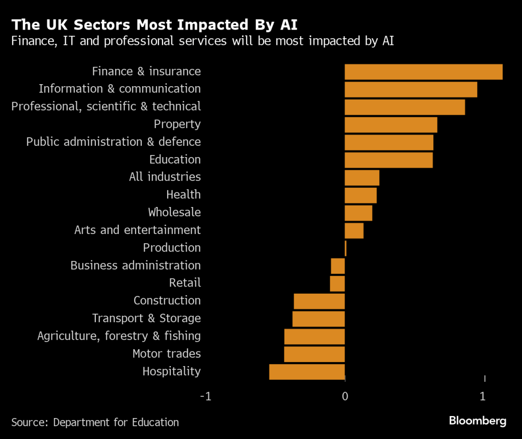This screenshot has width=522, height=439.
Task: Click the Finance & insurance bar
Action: click(x=424, y=72)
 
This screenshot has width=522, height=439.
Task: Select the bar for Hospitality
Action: click(x=307, y=372)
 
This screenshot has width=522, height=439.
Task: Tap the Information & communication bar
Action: click(x=411, y=89)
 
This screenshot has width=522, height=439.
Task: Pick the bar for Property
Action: click(x=391, y=124)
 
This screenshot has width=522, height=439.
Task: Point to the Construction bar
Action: click(x=319, y=301)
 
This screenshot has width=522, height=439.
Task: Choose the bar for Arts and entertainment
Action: click(x=354, y=230)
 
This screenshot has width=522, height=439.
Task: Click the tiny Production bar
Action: click(x=346, y=248)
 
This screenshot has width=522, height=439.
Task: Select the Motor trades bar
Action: click(x=315, y=354)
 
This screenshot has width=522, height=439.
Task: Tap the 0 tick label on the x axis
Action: click(x=345, y=396)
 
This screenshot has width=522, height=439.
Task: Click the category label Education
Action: click(x=175, y=160)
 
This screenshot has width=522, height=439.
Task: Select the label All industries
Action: click(x=165, y=177)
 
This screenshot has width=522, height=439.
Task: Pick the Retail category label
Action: click(x=185, y=283)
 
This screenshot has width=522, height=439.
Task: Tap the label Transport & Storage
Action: click(x=146, y=318)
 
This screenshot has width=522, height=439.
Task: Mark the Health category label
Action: click(x=184, y=195)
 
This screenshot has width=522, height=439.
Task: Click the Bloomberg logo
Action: click(x=477, y=421)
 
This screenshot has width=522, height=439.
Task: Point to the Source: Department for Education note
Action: click(x=95, y=422)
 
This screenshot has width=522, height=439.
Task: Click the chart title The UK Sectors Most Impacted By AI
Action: click(x=154, y=25)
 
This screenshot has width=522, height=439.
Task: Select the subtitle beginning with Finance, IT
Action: click(x=202, y=42)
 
